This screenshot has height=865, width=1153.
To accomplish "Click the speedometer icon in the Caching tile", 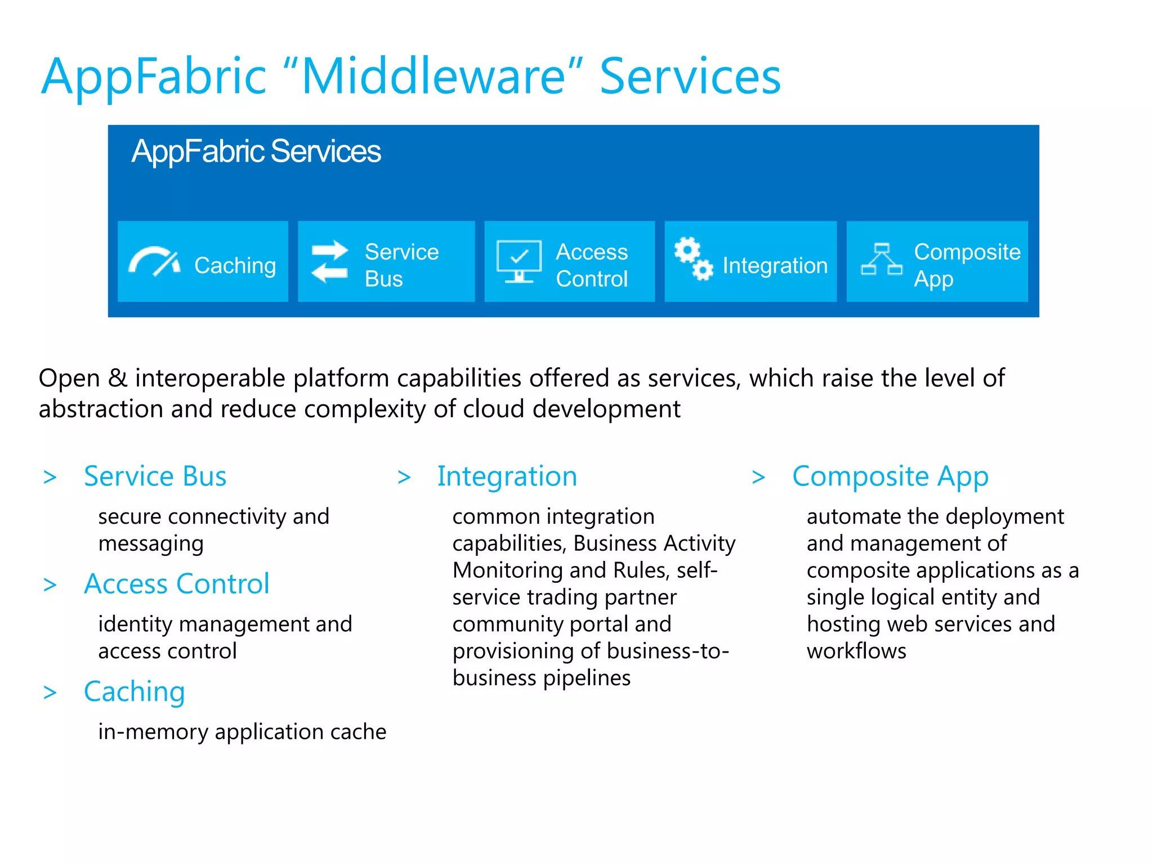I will point(154,262).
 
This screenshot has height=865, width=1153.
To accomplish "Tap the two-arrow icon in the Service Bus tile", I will point(330,262).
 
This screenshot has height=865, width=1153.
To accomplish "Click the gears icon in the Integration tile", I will point(694,258).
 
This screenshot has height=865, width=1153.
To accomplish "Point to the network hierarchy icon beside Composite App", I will point(881,260).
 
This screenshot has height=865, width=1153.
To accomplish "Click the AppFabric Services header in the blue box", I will point(256,151).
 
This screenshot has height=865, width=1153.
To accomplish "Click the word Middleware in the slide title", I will point(433,77).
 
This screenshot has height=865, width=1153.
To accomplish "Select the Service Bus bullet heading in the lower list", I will point(155,476).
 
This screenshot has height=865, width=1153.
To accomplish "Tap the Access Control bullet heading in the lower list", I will point(176,584).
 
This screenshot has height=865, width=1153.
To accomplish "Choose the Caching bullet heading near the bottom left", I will point(134,692).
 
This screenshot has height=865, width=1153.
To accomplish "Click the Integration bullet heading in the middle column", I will point(507,476).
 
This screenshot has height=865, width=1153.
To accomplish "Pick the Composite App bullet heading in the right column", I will point(890,476).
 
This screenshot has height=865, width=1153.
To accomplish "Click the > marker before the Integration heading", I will point(404,478).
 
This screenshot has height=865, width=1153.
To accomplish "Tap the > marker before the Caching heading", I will point(50,693).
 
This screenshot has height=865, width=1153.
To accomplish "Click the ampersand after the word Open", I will point(118,378).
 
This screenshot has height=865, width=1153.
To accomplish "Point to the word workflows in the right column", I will point(856,651).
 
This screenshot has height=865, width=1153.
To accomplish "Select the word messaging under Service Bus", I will point(151,544).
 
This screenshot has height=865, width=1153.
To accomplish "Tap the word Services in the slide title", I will point(690,77).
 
